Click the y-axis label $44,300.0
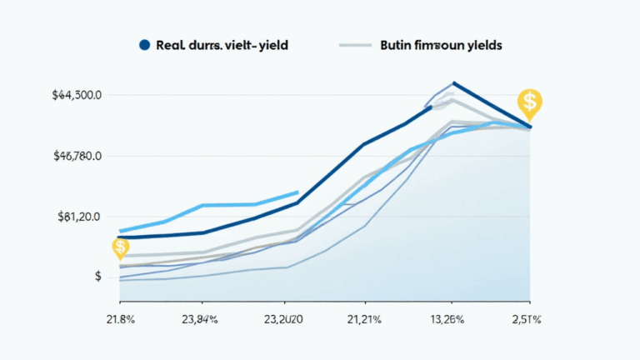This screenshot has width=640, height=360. tap(77, 96)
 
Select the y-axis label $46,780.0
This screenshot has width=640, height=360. tap(77, 156)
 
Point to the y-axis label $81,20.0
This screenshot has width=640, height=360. tap(79, 217)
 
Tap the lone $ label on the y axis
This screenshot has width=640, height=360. tap(98, 277)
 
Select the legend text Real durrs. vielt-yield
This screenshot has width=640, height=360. tap(222, 46)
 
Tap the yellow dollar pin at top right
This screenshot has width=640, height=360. tap(529, 102)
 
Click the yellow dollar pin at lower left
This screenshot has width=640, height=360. tap(121, 247)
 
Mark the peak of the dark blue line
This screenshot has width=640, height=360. tap(453, 82)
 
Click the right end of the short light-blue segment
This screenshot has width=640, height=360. tap(297, 192)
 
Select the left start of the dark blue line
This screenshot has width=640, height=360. tap(120, 237)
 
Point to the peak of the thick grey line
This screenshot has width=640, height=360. tap(452, 101)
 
